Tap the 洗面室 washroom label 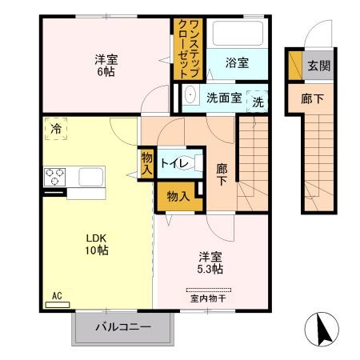(x=223, y=98)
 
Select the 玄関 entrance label (x=318, y=66)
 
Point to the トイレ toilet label (x=174, y=163)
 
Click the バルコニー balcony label (x=123, y=326)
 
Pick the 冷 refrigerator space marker (x=55, y=128)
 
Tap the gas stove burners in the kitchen (x=55, y=175)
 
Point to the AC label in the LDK (x=57, y=296)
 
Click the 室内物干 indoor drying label (x=208, y=298)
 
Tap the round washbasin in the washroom (x=190, y=98)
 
